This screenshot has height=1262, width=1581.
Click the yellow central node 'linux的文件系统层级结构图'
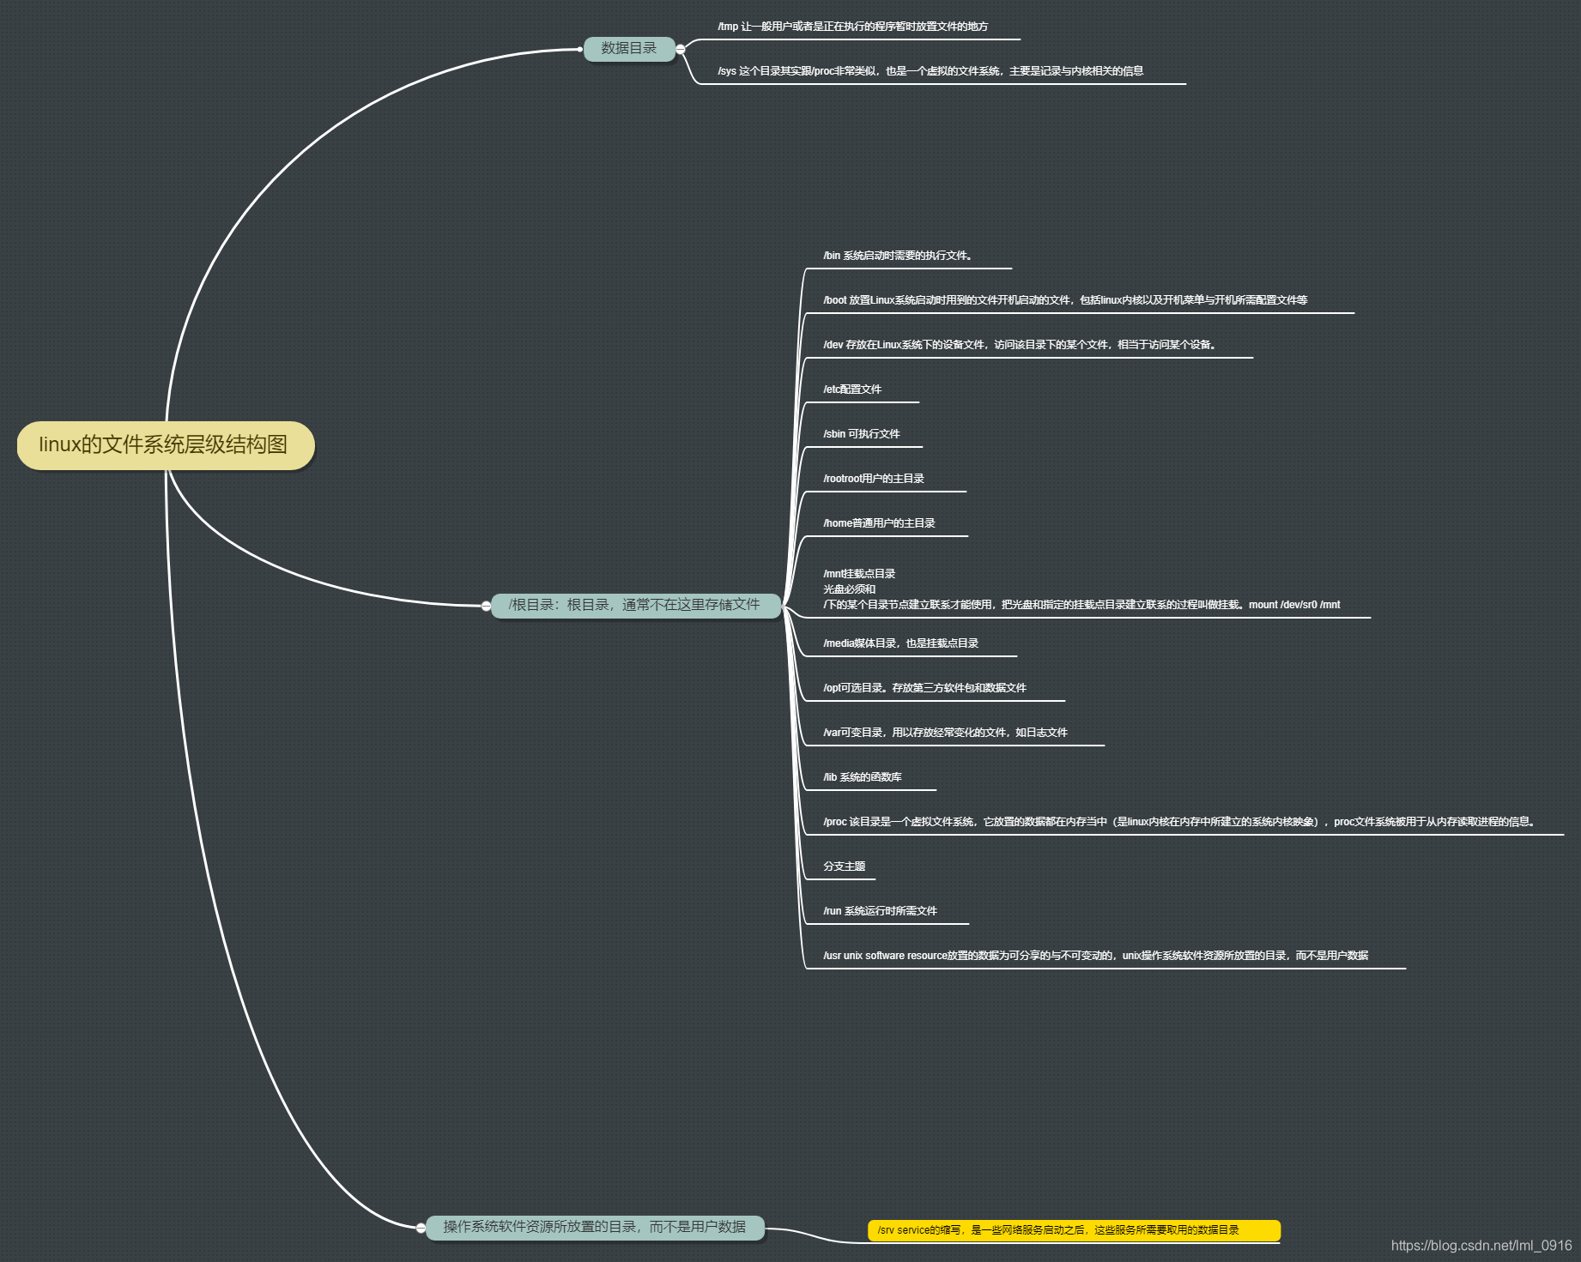(165, 445)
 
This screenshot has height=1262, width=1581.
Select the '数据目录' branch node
(628, 49)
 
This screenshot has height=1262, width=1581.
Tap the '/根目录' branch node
(634, 605)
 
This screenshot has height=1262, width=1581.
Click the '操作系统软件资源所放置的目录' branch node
(594, 1227)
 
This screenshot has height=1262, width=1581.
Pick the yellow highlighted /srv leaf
(1073, 1230)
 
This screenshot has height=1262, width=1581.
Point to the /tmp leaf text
(852, 27)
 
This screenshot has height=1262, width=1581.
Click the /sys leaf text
(930, 71)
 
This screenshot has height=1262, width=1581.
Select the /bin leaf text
(897, 256)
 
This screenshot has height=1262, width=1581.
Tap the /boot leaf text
(1064, 300)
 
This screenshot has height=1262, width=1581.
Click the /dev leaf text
(1019, 345)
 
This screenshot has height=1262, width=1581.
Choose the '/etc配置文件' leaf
(852, 389)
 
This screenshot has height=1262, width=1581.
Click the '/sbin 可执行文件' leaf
(862, 434)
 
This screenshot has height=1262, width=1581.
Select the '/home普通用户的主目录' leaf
(879, 523)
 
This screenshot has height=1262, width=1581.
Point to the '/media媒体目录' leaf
(900, 643)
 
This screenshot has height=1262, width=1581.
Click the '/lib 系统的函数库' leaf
(863, 777)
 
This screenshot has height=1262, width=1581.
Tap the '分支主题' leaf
(844, 866)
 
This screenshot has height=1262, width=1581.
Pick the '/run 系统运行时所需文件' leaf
(880, 911)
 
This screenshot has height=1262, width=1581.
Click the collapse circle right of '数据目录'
(681, 49)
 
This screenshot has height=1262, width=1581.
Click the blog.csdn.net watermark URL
(1481, 1245)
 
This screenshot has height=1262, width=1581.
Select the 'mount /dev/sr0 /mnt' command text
(1293, 605)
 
